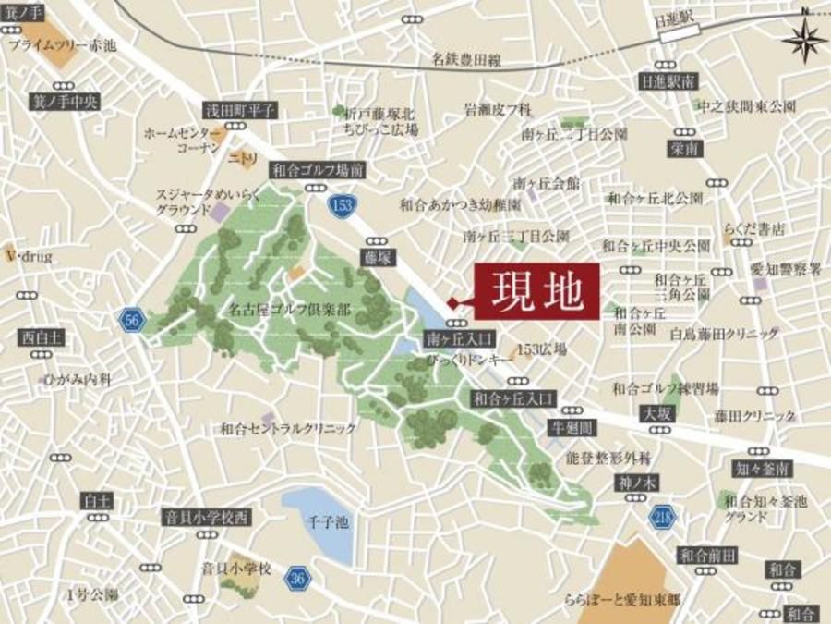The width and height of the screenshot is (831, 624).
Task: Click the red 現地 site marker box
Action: click(536, 293)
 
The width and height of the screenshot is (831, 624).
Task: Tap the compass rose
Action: click(805, 39)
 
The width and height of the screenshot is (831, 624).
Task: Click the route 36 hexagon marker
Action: click(297, 578)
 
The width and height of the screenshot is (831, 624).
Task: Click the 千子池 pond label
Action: click(329, 522)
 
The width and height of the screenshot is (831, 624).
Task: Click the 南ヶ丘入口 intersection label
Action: click(462, 337)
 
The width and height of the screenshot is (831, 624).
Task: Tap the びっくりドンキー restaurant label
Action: click(465, 357)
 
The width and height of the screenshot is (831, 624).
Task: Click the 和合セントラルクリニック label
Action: click(288, 428)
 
